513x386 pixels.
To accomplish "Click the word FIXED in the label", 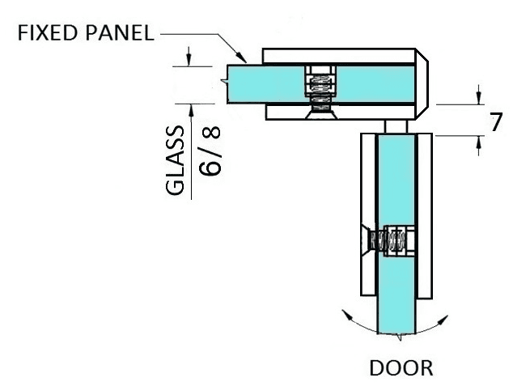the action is click(x=48, y=32).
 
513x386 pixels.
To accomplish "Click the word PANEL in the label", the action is click(x=120, y=32).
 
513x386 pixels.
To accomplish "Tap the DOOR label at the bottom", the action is click(x=401, y=368).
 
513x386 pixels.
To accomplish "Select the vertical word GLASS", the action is click(x=175, y=160).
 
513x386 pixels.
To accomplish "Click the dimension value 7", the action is click(x=496, y=122).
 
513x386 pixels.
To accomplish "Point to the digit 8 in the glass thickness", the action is click(x=210, y=134).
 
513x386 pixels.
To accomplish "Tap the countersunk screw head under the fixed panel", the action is click(x=320, y=115).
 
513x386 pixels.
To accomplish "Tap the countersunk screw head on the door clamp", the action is click(x=365, y=240).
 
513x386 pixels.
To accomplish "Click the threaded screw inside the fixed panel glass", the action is click(x=320, y=88).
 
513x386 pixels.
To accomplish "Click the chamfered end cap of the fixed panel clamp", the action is click(x=422, y=84).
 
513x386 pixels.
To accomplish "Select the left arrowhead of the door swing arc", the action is click(x=347, y=315).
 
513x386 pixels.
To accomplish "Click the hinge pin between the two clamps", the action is click(x=396, y=126).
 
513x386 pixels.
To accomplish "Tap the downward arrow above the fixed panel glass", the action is click(x=189, y=57).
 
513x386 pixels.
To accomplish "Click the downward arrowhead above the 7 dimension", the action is click(x=479, y=97).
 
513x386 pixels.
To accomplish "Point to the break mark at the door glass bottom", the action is click(x=399, y=337).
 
